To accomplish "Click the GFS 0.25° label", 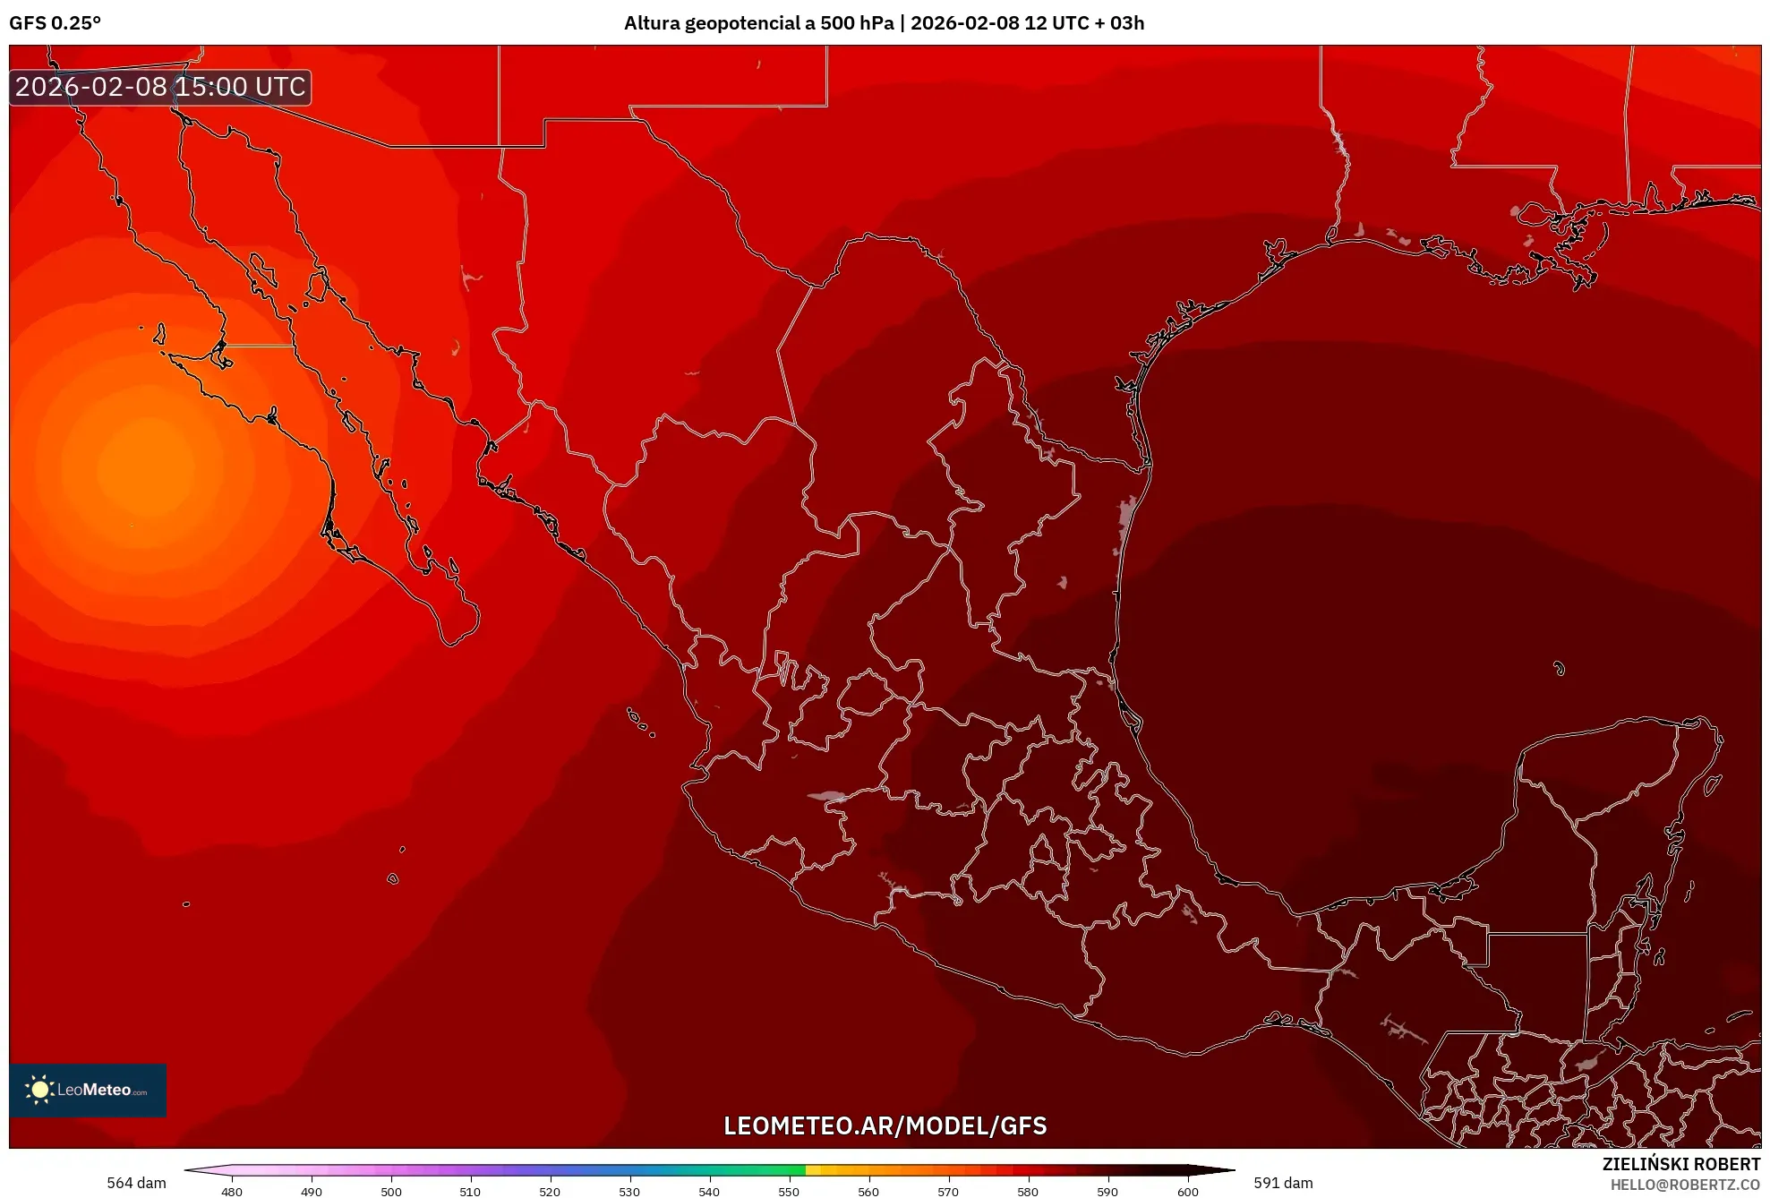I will (x=56, y=23).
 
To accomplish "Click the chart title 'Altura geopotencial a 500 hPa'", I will (x=758, y=23).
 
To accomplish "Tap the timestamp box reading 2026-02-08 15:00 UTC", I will (x=160, y=87).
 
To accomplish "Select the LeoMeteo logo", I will (x=88, y=1090).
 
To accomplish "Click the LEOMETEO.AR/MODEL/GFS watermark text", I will (x=885, y=1125).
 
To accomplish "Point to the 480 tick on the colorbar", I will (x=232, y=1191).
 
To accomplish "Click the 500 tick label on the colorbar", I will (x=391, y=1191).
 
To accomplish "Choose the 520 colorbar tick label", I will (x=550, y=1191).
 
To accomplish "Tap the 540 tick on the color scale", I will (x=709, y=1191).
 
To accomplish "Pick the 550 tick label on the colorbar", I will (x=789, y=1191).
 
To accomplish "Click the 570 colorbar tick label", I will (x=948, y=1191).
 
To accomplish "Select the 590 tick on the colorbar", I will (x=1107, y=1191).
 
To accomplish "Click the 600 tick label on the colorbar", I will (x=1187, y=1191).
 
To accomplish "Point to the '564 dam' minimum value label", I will (x=136, y=1183).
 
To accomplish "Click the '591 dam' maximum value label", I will (x=1283, y=1183).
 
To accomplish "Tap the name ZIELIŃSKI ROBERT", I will (x=1680, y=1164).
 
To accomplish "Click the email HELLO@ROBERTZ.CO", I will (x=1685, y=1185).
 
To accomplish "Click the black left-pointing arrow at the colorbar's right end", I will (x=1213, y=1169).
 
